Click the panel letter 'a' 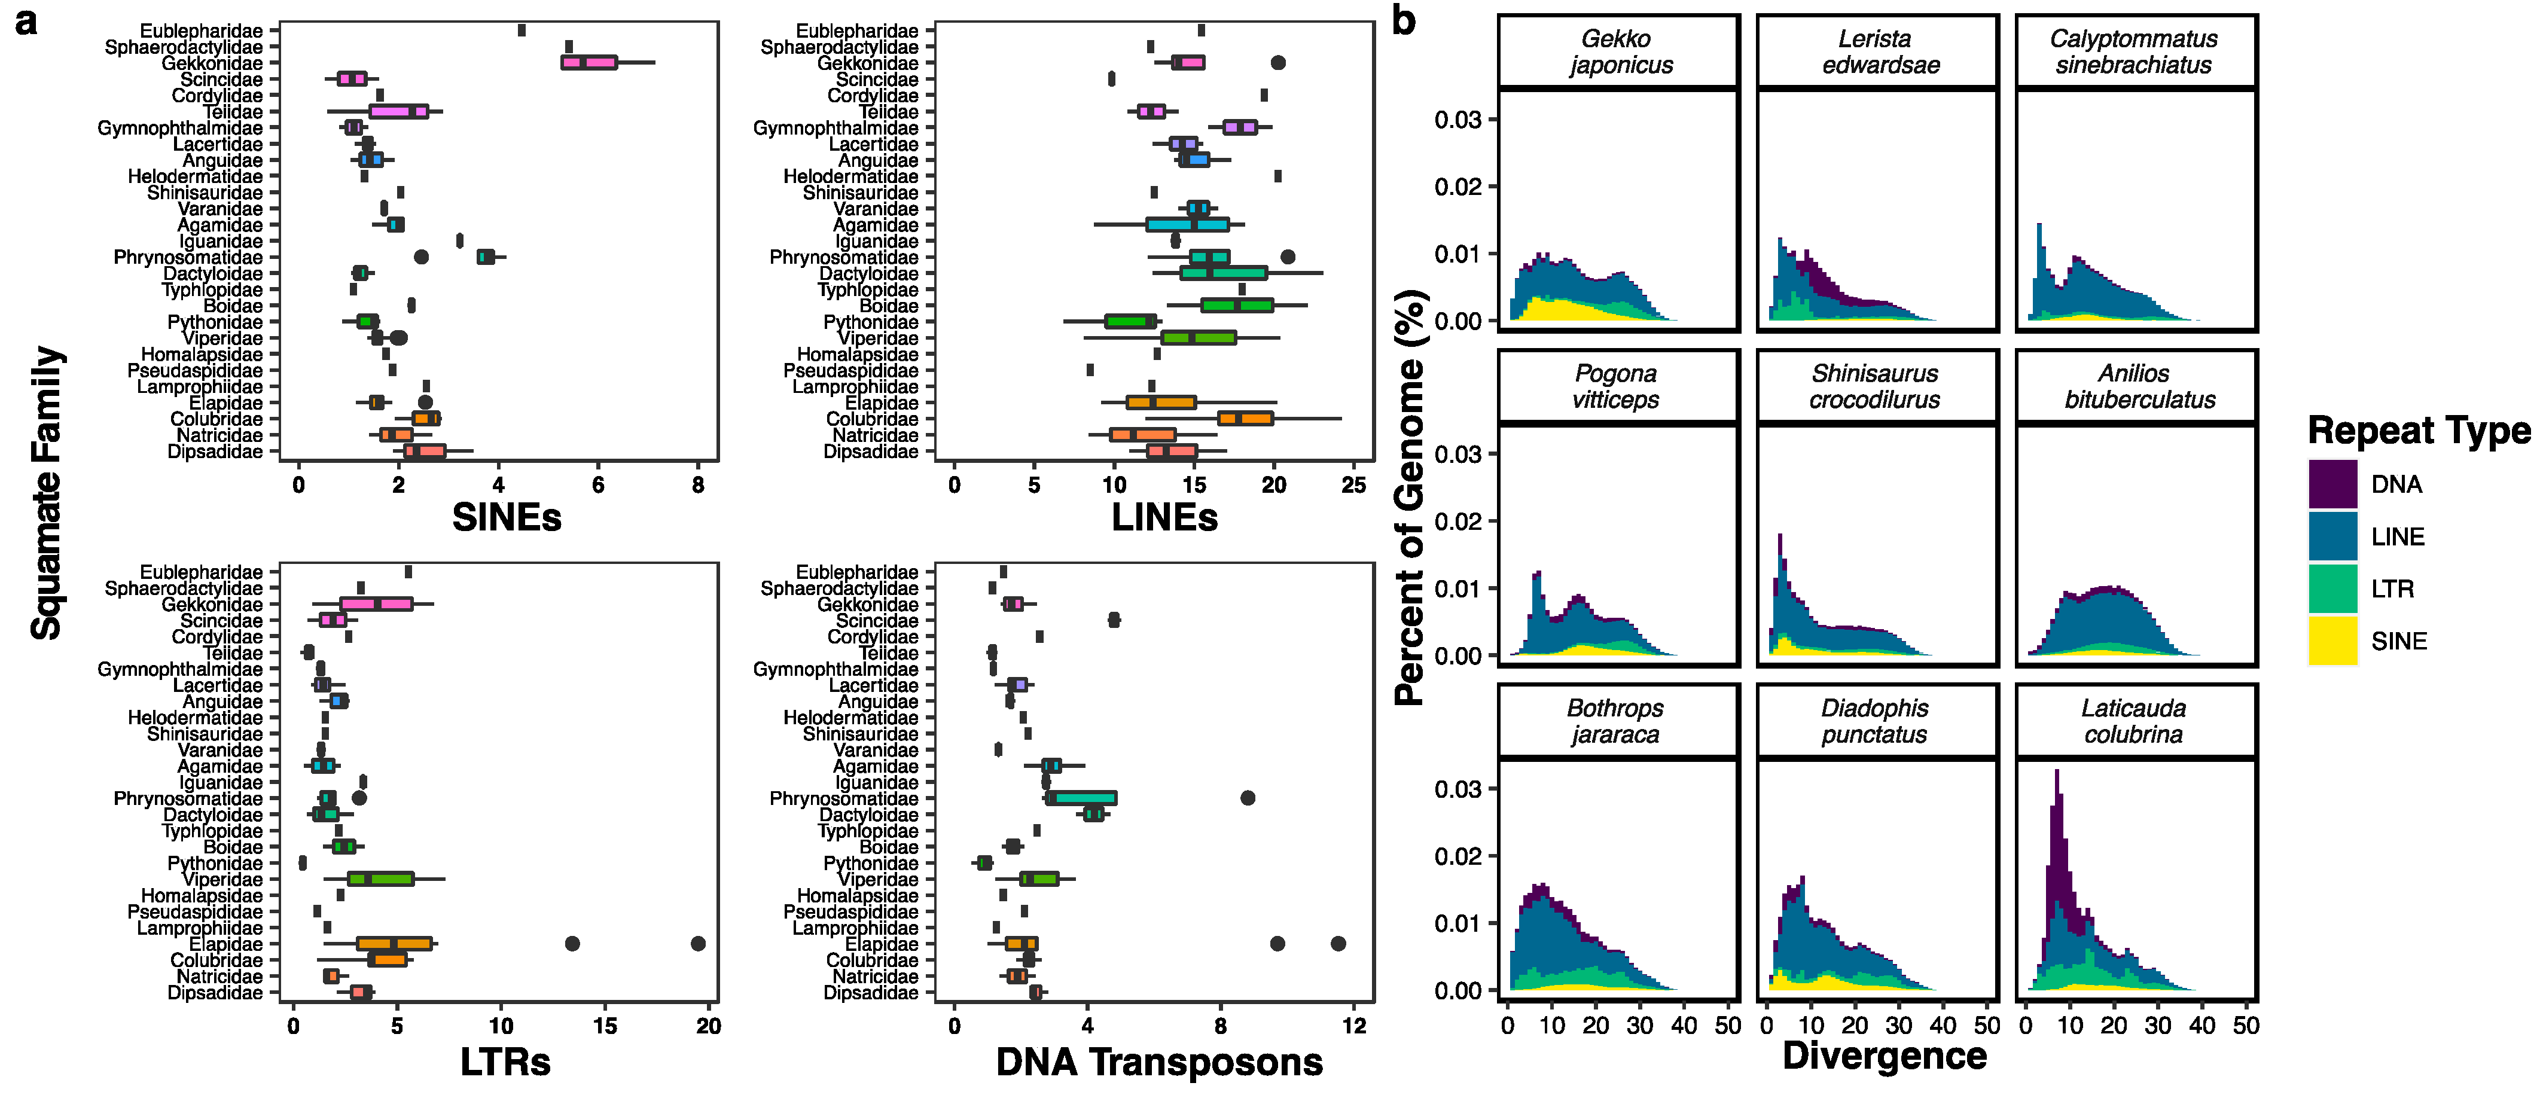pos(27,22)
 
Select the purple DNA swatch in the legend pos(2332,484)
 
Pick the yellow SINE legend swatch pos(2332,641)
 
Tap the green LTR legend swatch pos(2332,588)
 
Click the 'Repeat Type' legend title pos(2419,431)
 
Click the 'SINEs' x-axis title pos(507,517)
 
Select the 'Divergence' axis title pos(1883,1056)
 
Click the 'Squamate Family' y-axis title pos(47,494)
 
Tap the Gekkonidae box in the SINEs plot pos(589,62)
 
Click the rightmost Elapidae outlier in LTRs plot pos(698,944)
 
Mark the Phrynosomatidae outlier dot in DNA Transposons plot pos(1248,798)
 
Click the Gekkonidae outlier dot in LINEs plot pos(1277,62)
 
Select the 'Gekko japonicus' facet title pos(1618,51)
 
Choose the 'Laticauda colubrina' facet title pos(2135,721)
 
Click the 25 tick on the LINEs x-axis pos(1353,485)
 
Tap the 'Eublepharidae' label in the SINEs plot pos(202,30)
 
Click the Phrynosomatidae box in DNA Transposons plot pos(1082,798)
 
